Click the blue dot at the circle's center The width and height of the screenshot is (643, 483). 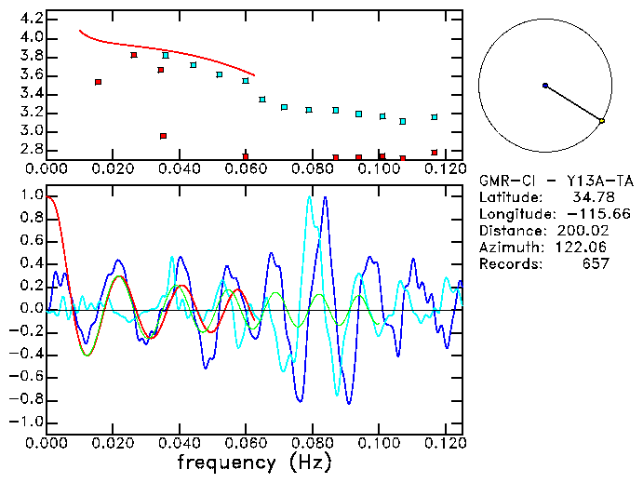pos(545,86)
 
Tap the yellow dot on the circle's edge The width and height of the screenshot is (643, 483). pos(602,121)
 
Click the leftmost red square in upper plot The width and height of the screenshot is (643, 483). pos(98,82)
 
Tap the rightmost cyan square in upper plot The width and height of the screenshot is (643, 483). pos(435,117)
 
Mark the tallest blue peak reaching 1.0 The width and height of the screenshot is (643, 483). pos(325,197)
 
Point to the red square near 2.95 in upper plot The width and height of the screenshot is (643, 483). pos(164,136)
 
